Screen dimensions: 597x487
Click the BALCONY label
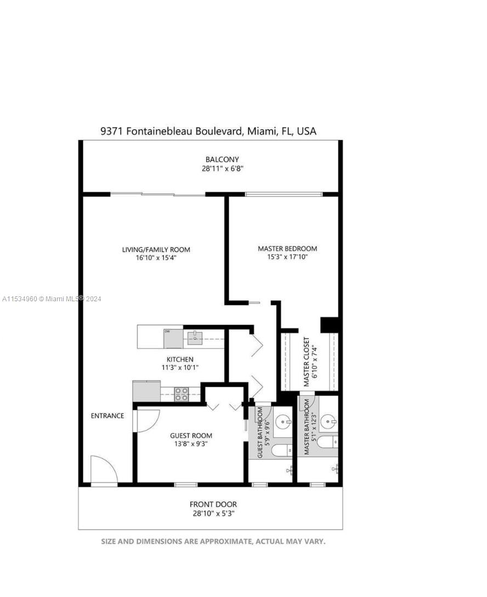coord(222,159)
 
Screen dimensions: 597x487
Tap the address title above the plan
coord(208,131)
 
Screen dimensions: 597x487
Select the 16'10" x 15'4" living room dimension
coord(156,258)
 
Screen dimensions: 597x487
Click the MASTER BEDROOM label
coord(287,249)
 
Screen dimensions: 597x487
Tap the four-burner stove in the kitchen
coord(181,394)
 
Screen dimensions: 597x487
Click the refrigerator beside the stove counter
coord(146,391)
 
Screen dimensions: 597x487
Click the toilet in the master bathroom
coord(327,443)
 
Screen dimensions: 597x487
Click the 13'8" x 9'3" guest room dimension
coord(191,444)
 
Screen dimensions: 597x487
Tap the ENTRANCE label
coord(107,416)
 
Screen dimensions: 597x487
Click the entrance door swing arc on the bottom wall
coord(104,470)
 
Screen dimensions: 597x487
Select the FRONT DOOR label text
coord(213,504)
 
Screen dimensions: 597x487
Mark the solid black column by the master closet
coord(330,324)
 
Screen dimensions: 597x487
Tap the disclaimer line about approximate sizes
coord(213,541)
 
